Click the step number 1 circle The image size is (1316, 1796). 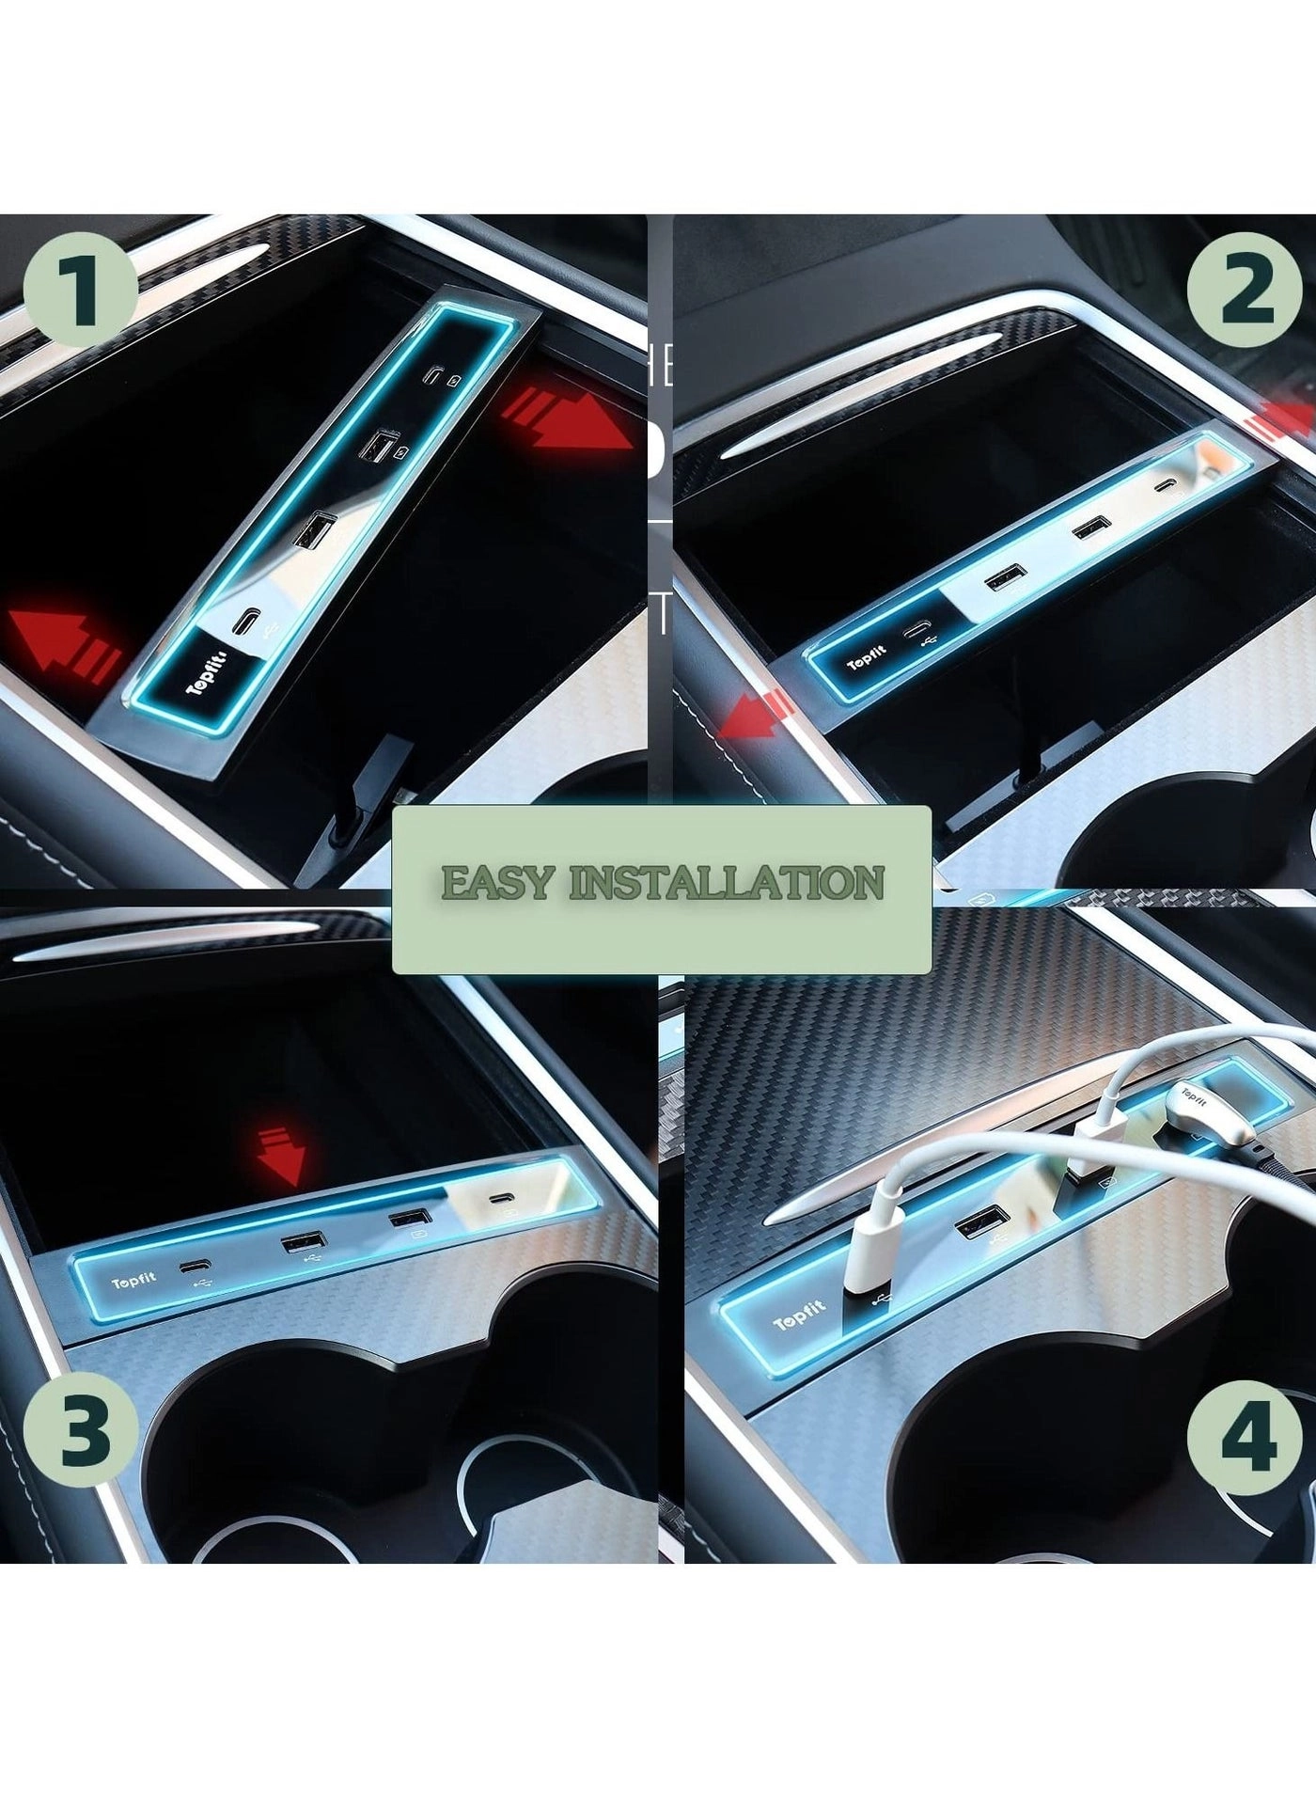pyautogui.click(x=81, y=284)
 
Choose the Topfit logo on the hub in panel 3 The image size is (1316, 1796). pyautogui.click(x=133, y=1281)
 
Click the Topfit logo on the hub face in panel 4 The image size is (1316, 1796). pyautogui.click(x=798, y=1315)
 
